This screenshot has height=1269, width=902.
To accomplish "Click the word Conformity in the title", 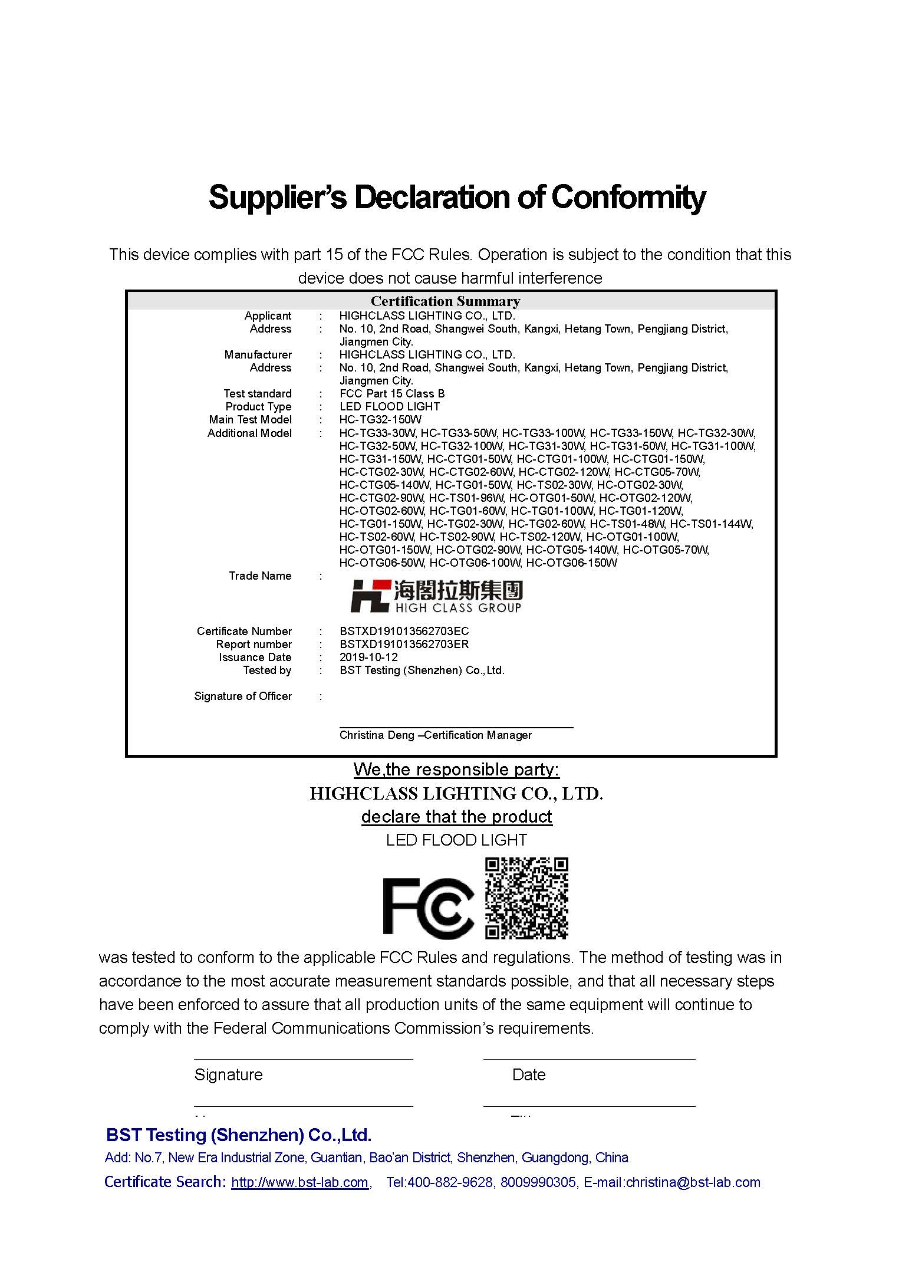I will pyautogui.click(x=628, y=198).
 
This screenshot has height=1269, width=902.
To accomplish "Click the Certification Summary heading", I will pyautogui.click(x=445, y=301).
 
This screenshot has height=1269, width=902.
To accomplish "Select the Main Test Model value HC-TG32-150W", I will pyautogui.click(x=380, y=420).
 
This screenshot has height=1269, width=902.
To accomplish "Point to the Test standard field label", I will pyautogui.click(x=257, y=394).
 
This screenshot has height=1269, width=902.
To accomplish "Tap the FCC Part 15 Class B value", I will pyautogui.click(x=392, y=394).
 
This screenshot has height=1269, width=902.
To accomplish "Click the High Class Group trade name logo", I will pyautogui.click(x=436, y=596).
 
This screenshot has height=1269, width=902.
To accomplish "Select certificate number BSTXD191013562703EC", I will pyautogui.click(x=404, y=632).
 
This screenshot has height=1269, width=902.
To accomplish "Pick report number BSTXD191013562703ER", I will pyautogui.click(x=404, y=645).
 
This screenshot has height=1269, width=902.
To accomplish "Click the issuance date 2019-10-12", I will pyautogui.click(x=368, y=657).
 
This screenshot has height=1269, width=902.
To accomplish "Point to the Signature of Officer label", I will pyautogui.click(x=243, y=696).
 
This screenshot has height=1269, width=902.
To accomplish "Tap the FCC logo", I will pyautogui.click(x=428, y=908).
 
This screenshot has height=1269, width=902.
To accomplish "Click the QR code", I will pyautogui.click(x=526, y=898).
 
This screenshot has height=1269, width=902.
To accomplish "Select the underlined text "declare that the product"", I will pyautogui.click(x=456, y=817).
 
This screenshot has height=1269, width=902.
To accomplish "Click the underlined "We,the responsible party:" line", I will pyautogui.click(x=456, y=770).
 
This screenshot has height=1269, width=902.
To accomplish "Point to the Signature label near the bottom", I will pyautogui.click(x=228, y=1075).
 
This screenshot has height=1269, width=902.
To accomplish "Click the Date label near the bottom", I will pyautogui.click(x=529, y=1075).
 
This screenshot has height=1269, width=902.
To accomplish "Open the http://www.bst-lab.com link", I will pyautogui.click(x=299, y=1182).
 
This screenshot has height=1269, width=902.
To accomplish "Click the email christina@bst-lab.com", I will pyautogui.click(x=693, y=1182).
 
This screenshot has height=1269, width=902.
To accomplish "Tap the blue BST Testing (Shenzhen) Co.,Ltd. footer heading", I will pyautogui.click(x=239, y=1135).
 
